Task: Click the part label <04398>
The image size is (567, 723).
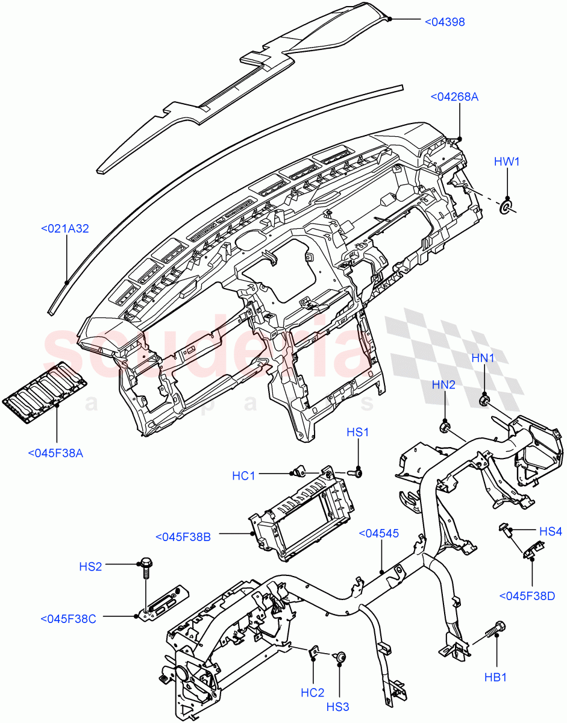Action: pos(445,22)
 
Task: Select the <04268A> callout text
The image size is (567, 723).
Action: pos(454,96)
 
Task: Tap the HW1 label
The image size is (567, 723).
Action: pos(507,161)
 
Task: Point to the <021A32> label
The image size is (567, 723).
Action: pos(64,229)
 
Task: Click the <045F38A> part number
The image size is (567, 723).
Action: pos(55,452)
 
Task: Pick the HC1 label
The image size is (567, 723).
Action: pos(243,476)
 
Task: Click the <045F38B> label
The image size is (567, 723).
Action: pos(183,537)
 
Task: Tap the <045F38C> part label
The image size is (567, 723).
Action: pos(68,619)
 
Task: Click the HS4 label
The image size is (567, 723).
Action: pos(550,531)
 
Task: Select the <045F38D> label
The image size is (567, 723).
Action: pos(527,596)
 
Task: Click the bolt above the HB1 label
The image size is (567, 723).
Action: pos(497,628)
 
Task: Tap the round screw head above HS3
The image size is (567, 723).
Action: pos(341,657)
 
